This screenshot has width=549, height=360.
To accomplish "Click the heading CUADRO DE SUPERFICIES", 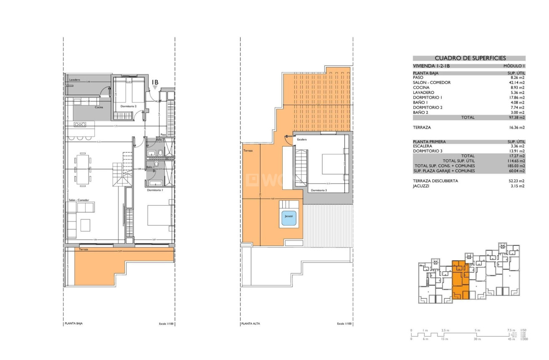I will (x=470, y=58).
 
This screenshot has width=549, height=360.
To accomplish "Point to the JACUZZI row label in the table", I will (x=422, y=186).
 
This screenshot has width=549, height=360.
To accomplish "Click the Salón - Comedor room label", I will (x=78, y=201).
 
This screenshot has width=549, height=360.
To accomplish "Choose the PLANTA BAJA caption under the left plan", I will (x=73, y=324).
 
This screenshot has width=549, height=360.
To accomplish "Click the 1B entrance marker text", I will (x=155, y=82).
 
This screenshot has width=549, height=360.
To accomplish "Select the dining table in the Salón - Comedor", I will (x=82, y=169).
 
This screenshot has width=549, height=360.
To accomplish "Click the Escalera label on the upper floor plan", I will (x=302, y=139).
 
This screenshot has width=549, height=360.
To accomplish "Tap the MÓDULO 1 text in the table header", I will (x=514, y=66).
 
